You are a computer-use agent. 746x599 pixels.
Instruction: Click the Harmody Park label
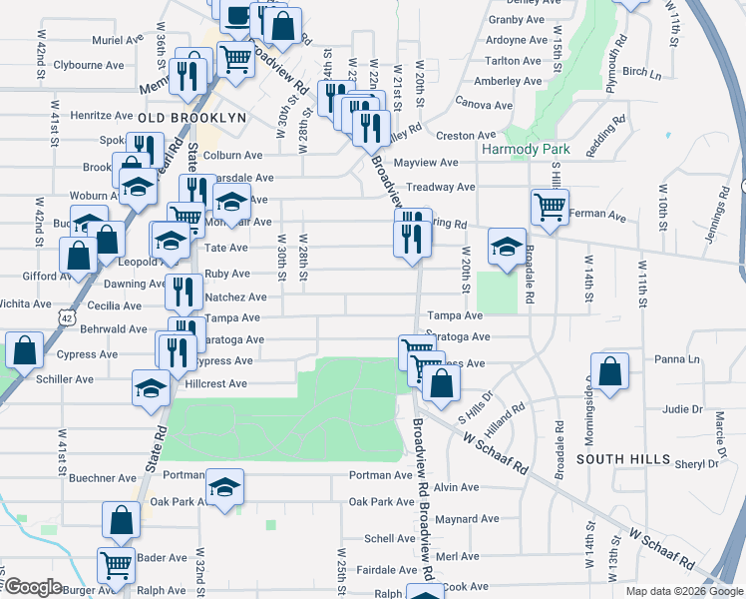pos(525,149)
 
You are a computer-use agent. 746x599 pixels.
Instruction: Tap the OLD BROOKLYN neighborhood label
pos(192,118)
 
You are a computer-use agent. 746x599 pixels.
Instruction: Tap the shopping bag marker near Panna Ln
pos(609,371)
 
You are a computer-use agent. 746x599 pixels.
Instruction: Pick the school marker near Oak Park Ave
pos(224,487)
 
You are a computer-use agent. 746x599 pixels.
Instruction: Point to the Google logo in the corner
pos(32,587)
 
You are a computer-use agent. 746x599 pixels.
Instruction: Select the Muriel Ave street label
pos(118,39)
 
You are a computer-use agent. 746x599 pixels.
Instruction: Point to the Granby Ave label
pos(516,19)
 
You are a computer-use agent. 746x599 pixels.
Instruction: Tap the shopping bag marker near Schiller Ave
pos(24,351)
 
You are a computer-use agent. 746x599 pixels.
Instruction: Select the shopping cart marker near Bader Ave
pos(117,565)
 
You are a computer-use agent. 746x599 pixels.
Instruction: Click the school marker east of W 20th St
pos(507,246)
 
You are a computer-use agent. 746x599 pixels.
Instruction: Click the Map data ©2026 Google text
pos(683,591)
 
